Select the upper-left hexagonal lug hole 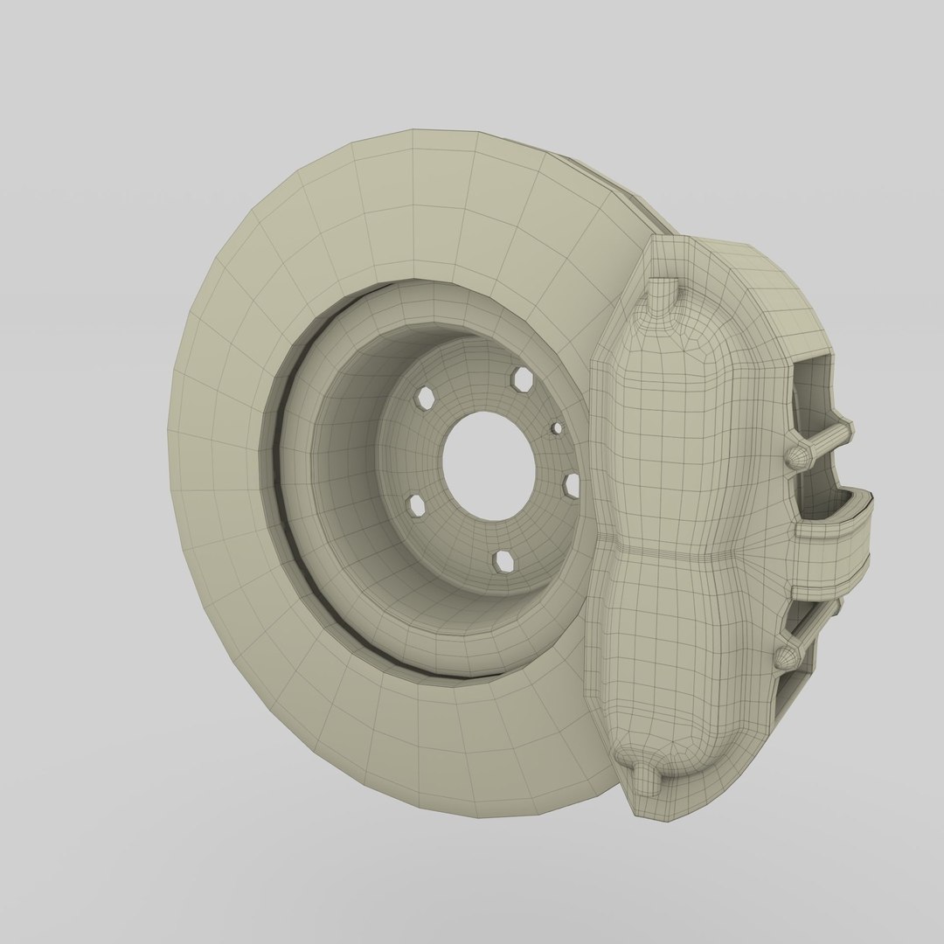tap(426, 398)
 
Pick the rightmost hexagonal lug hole tap(573, 483)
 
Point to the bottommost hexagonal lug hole tap(503, 559)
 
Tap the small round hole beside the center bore tap(557, 428)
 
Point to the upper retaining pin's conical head tap(797, 456)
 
